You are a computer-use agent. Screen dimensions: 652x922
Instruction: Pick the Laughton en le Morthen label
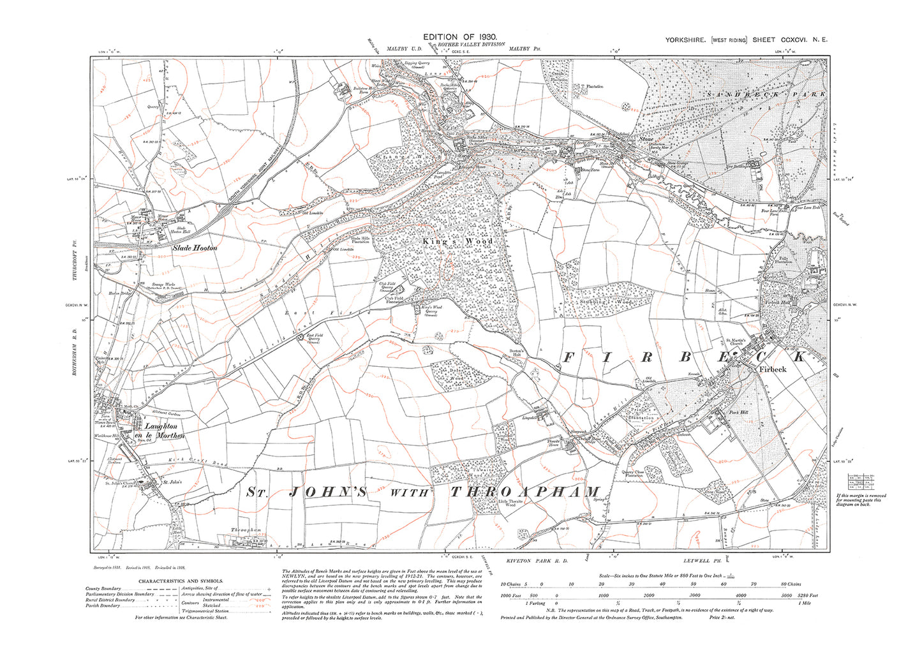coord(165,431)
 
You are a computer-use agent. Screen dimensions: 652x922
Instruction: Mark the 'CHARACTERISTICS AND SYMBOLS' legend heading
coord(181,581)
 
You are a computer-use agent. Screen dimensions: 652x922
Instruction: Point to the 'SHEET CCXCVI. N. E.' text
coord(790,40)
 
